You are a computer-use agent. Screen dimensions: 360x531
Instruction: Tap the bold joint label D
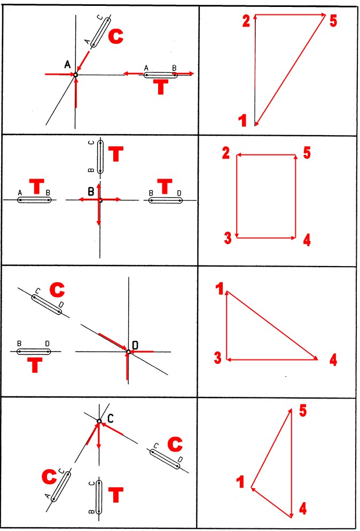136,345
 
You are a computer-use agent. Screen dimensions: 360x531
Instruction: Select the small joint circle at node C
99,421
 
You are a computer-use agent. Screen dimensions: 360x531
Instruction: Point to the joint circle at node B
100,200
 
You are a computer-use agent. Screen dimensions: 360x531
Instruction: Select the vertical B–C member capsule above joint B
100,157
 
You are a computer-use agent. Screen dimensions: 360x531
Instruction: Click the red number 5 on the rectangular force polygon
307,153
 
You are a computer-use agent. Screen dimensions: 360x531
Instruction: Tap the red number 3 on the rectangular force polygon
228,238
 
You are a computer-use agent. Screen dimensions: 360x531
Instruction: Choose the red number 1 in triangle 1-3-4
220,290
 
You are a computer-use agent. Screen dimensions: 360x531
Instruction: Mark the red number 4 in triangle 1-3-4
333,360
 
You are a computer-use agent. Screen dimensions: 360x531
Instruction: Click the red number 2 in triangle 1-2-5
246,21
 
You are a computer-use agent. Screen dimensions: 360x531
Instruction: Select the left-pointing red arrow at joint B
89,200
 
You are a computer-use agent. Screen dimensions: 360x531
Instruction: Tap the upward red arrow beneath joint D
127,367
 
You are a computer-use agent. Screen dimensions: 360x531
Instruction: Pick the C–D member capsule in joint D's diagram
46,304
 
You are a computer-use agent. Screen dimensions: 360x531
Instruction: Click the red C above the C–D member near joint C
175,444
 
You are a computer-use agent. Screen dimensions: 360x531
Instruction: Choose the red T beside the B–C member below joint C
116,495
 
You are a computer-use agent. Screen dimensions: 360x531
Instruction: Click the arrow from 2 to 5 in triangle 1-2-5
290,14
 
